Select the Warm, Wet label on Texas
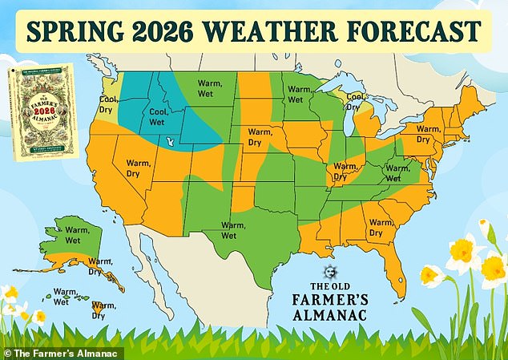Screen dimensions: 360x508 tap(233, 229)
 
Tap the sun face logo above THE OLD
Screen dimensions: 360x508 tap(328, 273)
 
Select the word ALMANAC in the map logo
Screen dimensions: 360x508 tap(329, 316)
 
